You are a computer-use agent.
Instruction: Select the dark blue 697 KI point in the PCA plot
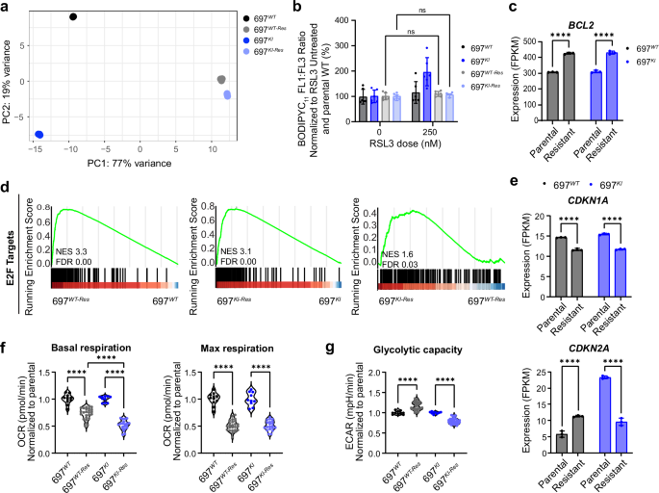point(39,135)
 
